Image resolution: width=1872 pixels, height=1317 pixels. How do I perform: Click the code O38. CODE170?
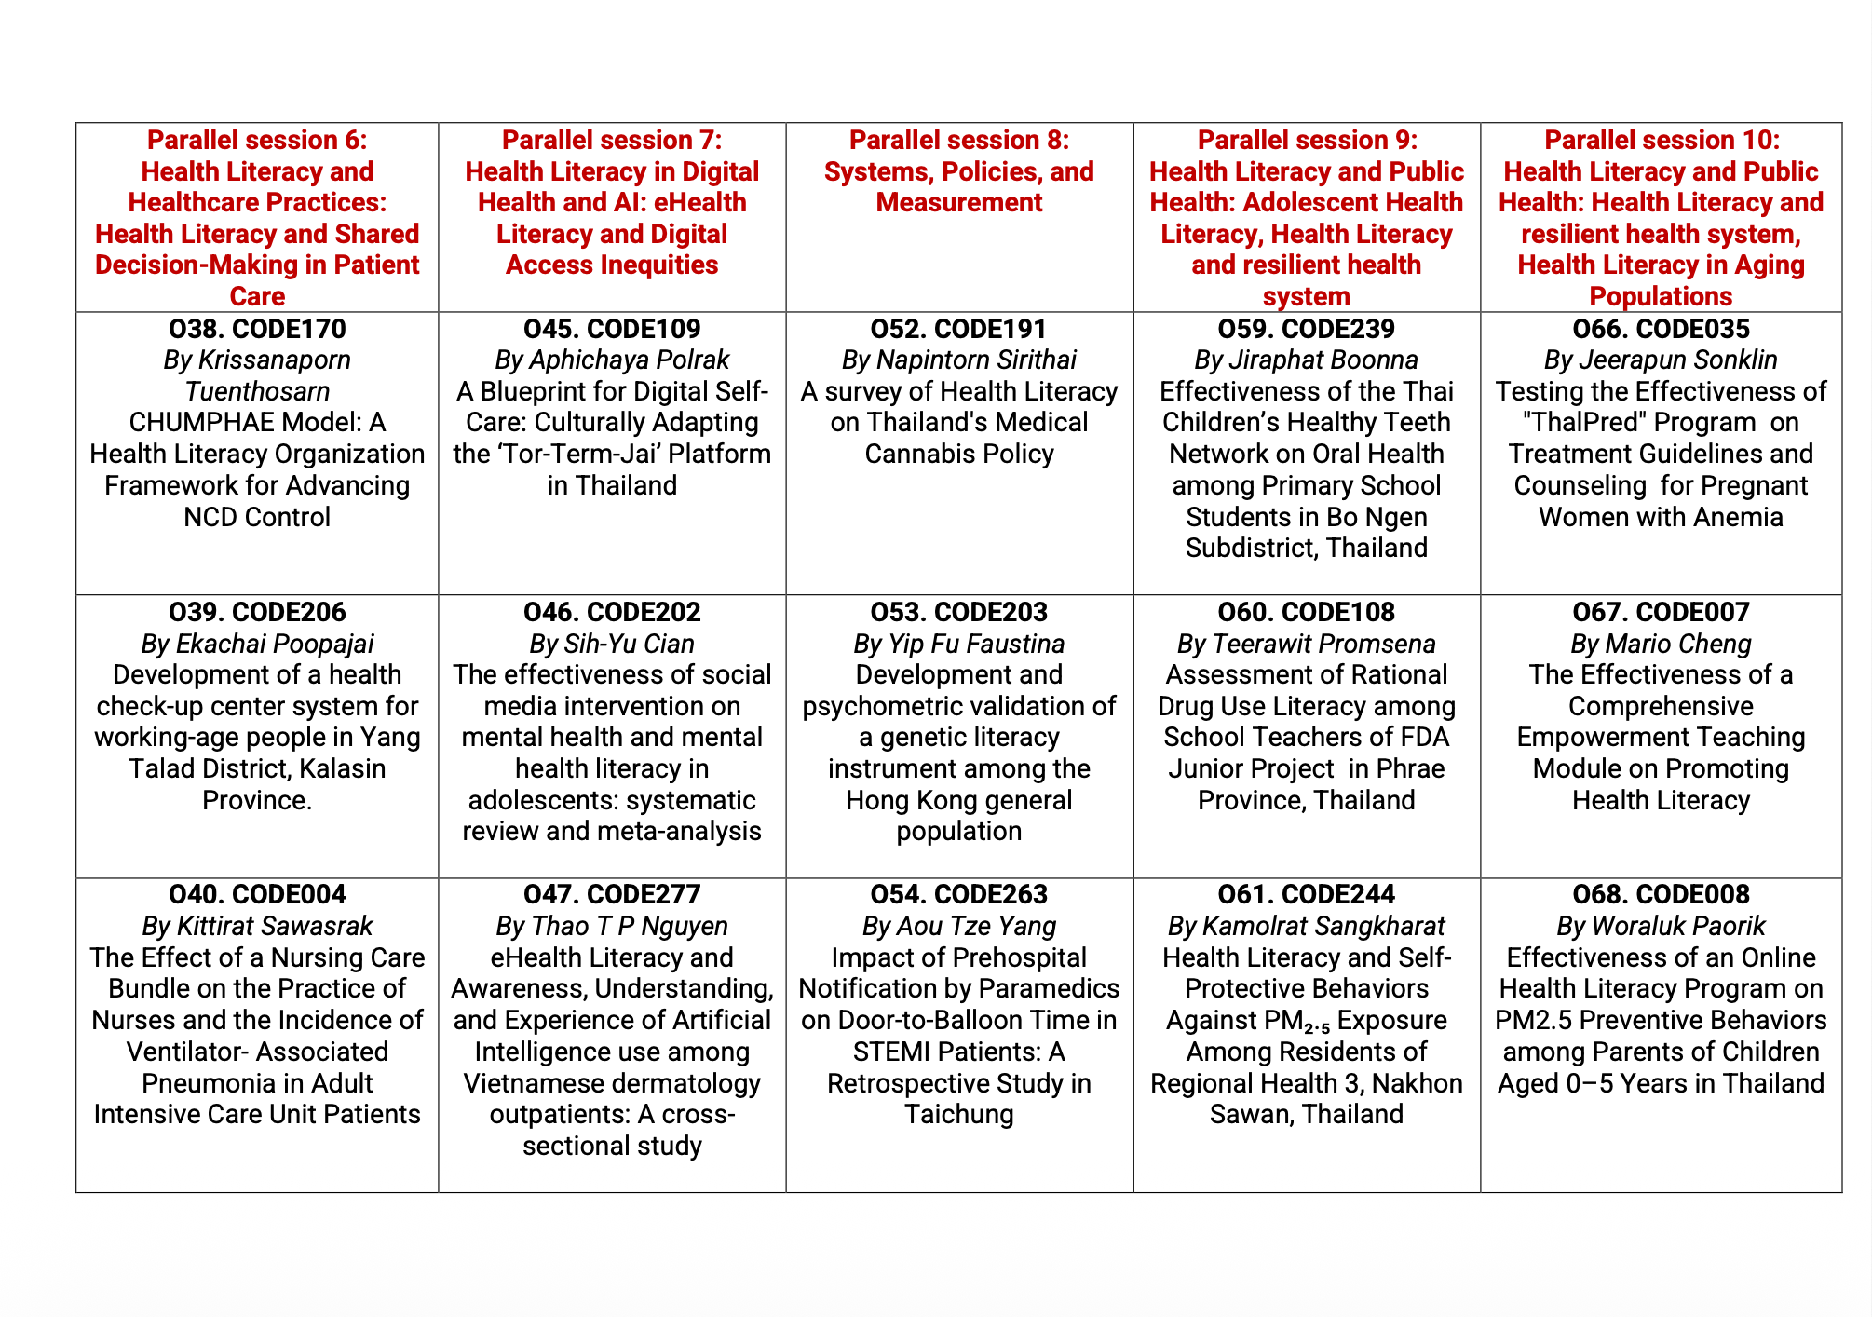point(257,329)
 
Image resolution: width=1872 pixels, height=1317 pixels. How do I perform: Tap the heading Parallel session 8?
point(959,140)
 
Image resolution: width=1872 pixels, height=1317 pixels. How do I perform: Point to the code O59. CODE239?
point(1307,329)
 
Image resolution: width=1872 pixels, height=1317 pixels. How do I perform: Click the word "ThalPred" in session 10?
point(1584,423)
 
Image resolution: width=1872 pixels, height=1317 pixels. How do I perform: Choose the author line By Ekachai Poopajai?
point(257,644)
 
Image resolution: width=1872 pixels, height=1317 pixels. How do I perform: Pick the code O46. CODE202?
point(612,612)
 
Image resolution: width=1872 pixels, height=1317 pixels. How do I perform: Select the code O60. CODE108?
point(1307,612)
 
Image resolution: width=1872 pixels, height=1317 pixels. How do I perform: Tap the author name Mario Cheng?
point(1678,644)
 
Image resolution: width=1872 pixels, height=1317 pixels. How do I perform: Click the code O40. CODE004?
point(257,894)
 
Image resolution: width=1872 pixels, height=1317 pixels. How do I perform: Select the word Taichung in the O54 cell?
point(959,1114)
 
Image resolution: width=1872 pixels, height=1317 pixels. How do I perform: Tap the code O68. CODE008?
point(1662,894)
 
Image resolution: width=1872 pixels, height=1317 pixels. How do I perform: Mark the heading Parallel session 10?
point(1662,140)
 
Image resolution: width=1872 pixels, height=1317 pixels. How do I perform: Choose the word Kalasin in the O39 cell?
point(343,769)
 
